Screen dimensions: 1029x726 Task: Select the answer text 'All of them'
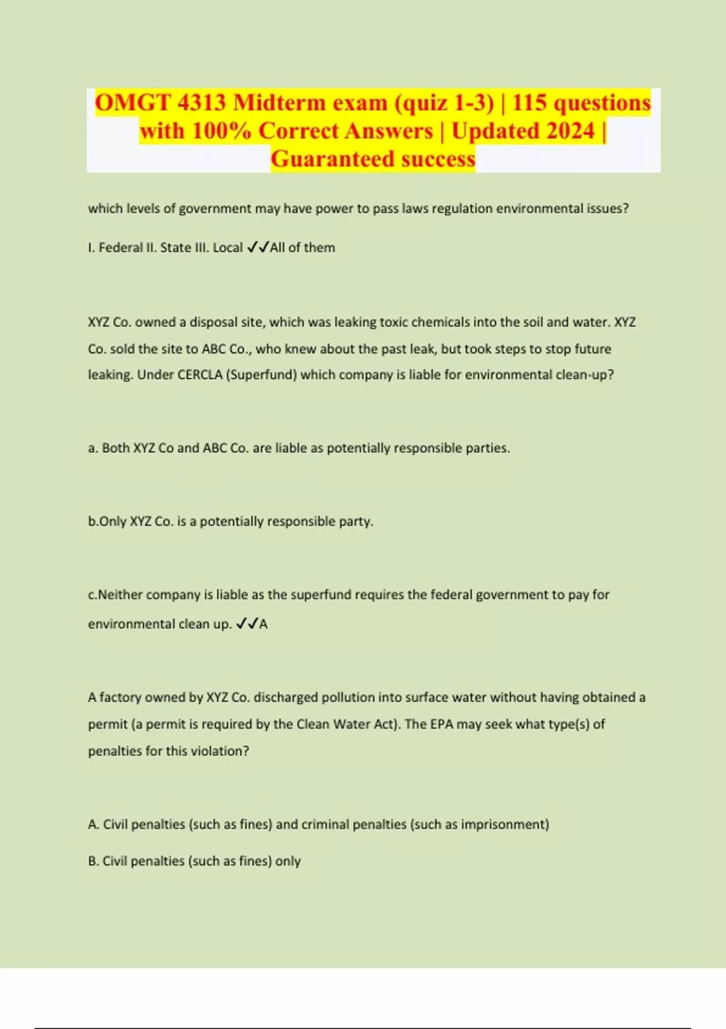(x=302, y=248)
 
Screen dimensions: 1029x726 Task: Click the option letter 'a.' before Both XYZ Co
(x=93, y=448)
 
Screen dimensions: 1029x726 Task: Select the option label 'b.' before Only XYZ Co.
(x=93, y=521)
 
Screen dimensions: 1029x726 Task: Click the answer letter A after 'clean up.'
(x=263, y=624)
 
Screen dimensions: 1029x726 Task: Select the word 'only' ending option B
(x=288, y=861)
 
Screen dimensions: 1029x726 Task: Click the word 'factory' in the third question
(x=120, y=697)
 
